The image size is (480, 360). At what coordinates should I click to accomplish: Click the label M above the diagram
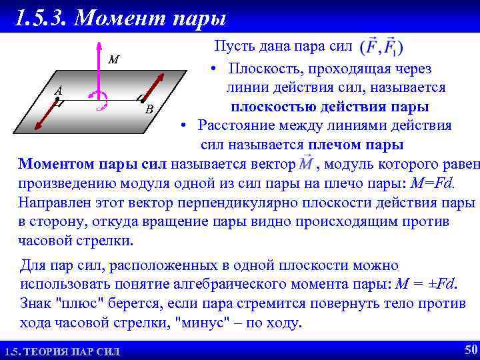pyautogui.click(x=114, y=60)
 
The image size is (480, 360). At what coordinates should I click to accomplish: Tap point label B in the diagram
pyautogui.click(x=149, y=109)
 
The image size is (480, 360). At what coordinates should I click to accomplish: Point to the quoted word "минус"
pyautogui.click(x=204, y=323)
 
